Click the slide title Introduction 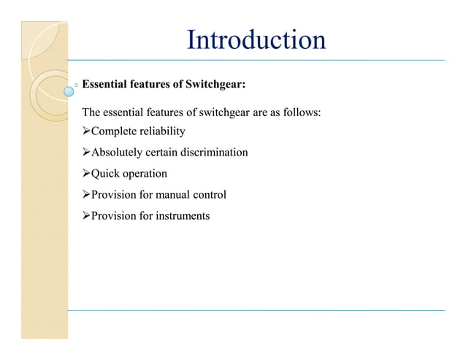256,39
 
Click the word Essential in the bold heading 105,85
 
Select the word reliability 158,131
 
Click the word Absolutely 117,153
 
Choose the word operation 145,174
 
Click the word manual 171,195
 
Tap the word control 209,195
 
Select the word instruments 180,216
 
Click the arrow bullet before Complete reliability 85,131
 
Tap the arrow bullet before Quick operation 85,174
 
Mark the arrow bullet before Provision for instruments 85,216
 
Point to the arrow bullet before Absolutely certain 85,153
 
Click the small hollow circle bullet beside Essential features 77,85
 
